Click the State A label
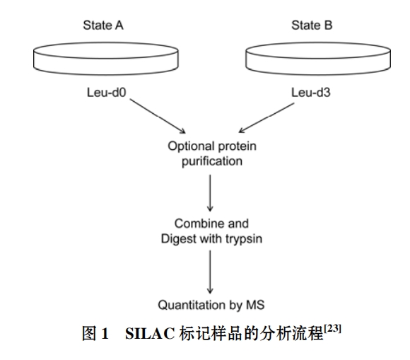pos(103,25)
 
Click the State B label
pos(312,25)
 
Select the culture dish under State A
pos(106,59)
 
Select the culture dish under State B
pos(318,59)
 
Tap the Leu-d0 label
pos(107,93)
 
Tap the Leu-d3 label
pos(311,93)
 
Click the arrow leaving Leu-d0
pos(158,116)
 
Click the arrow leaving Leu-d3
pos(266,117)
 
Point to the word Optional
pos(192,146)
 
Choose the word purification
pos(212,161)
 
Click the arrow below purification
pos(210,193)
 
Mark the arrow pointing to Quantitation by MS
pos(210,272)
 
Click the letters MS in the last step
pos(255,305)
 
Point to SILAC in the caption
pos(150,334)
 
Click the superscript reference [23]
pos(333,328)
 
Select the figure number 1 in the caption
pos(105,334)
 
